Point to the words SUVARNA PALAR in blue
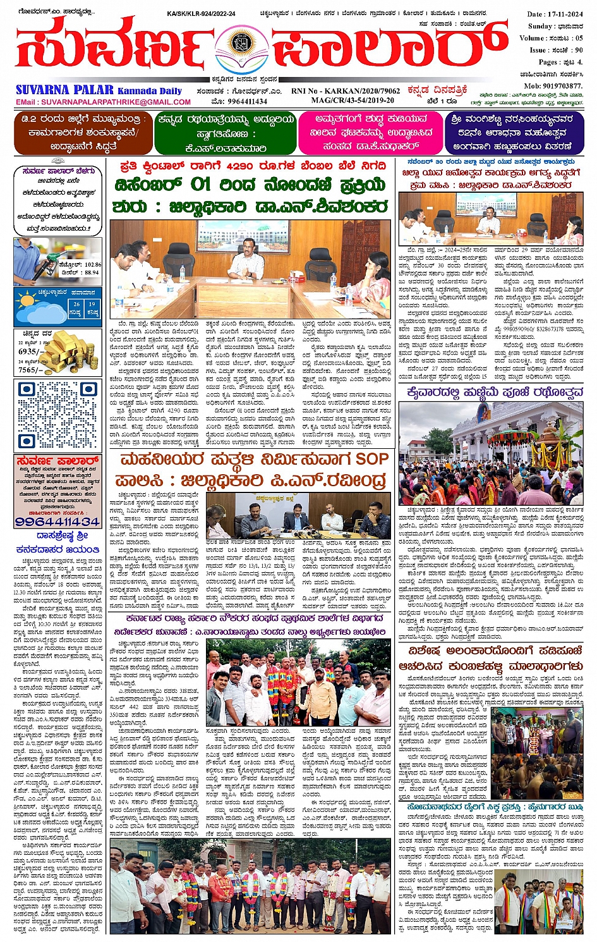(65, 90)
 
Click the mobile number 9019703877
(553, 86)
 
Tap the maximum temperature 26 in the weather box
(76, 304)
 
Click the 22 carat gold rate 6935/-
(31, 351)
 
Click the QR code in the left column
(57, 415)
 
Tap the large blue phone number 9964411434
(57, 522)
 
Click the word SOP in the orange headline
(371, 459)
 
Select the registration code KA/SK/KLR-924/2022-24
(201, 13)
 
